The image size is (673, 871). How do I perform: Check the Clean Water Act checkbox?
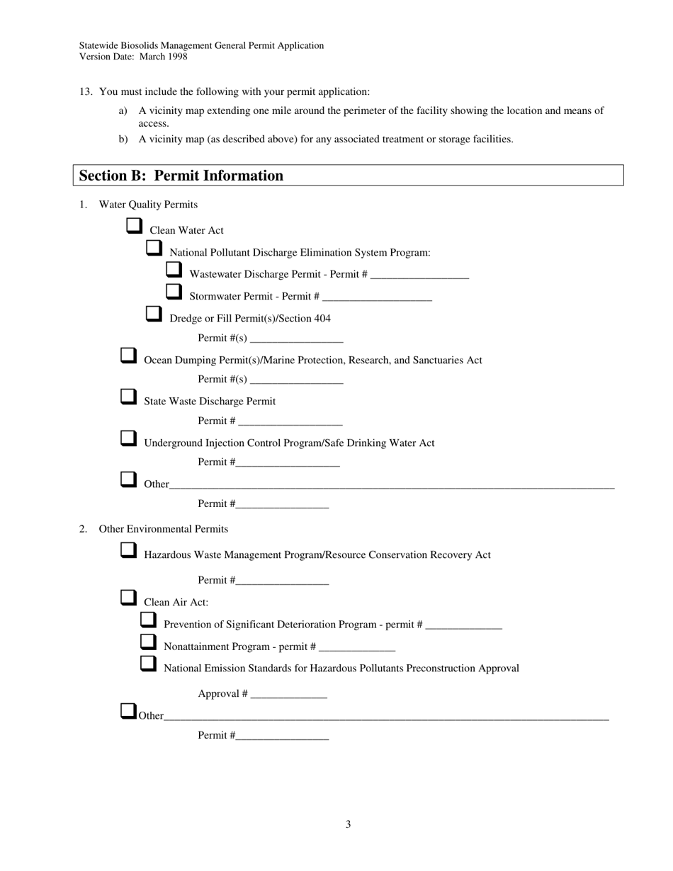click(x=134, y=227)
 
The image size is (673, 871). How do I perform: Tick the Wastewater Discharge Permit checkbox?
click(x=174, y=271)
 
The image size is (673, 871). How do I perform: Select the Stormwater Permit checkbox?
click(x=174, y=292)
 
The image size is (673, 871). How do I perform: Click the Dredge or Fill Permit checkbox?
click(x=154, y=314)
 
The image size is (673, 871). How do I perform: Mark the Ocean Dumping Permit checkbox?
click(x=128, y=356)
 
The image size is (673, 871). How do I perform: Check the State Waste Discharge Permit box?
click(x=128, y=397)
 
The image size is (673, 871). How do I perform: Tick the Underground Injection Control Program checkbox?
click(x=128, y=439)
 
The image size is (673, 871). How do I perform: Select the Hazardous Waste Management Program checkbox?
click(x=128, y=551)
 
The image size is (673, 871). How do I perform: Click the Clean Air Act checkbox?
click(x=128, y=598)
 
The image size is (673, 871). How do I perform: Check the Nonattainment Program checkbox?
click(x=148, y=642)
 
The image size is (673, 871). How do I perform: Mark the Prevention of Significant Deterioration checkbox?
click(x=148, y=620)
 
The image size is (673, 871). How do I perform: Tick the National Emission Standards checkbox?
click(x=148, y=664)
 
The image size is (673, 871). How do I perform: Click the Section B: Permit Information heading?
click(x=181, y=176)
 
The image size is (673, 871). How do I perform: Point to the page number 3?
click(x=348, y=824)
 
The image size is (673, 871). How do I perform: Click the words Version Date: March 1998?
click(x=133, y=57)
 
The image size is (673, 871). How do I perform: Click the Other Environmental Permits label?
click(x=164, y=529)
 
